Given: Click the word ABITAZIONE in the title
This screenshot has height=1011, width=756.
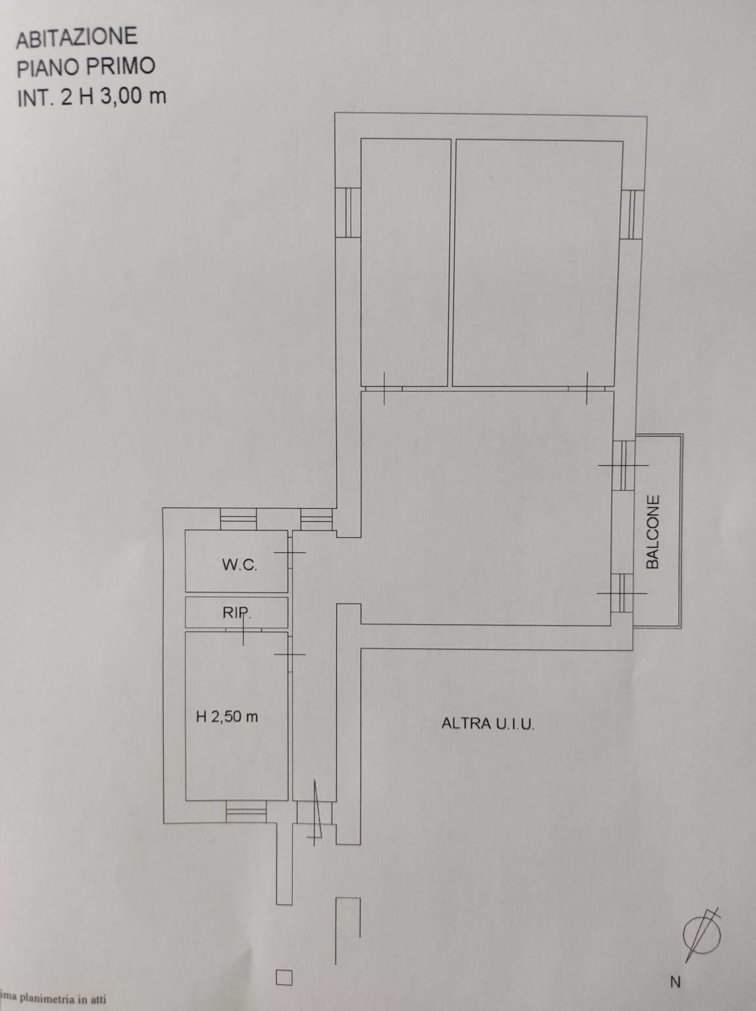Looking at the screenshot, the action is pyautogui.click(x=77, y=38).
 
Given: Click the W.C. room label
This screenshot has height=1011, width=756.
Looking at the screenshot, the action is pyautogui.click(x=239, y=565).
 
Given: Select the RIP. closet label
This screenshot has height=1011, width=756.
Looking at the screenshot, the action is pyautogui.click(x=237, y=613).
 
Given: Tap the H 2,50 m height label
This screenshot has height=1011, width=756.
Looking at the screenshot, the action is pyautogui.click(x=227, y=716).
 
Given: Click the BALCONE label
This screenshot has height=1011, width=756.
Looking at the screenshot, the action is pyautogui.click(x=653, y=532).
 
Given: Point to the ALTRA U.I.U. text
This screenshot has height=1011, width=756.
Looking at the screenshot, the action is pyautogui.click(x=488, y=723).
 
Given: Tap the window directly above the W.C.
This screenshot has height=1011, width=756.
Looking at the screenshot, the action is pyautogui.click(x=238, y=519).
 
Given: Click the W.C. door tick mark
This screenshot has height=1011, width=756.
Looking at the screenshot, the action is pyautogui.click(x=290, y=552).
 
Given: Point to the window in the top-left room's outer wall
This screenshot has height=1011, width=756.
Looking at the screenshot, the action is pyautogui.click(x=347, y=212).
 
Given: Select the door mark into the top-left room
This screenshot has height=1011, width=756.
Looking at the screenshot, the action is pyautogui.click(x=384, y=388).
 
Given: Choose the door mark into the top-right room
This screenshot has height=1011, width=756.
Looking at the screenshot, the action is pyautogui.click(x=587, y=388).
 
